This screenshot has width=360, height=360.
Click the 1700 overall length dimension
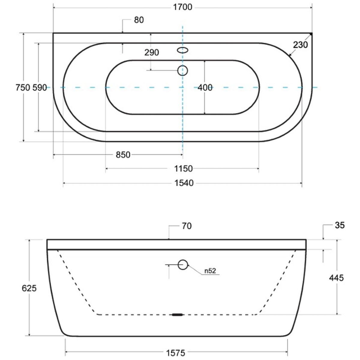pos(182,7)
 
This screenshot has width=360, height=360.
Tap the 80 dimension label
pos(139,20)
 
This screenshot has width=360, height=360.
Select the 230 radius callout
pos(300,45)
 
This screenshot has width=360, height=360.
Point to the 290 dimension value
pos(151,52)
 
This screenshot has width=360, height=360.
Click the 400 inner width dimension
pos(205,88)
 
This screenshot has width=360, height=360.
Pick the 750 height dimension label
pos(23,88)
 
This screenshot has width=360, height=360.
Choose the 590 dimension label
pos(40,88)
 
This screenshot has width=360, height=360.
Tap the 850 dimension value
pos(123,155)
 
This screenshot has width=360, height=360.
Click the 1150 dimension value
pos(183,169)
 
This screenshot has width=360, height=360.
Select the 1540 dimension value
pos(184,183)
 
